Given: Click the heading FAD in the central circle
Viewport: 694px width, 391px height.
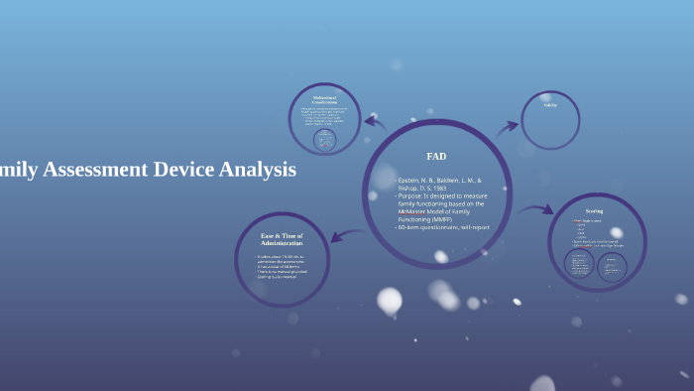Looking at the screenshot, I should point(436,156).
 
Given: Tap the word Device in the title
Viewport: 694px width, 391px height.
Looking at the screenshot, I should point(185,170).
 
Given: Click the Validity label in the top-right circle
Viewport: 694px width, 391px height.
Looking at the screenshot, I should point(550,105).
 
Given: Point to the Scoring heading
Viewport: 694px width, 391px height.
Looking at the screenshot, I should point(594,211).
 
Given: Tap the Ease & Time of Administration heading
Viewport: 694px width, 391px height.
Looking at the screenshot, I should point(282,239).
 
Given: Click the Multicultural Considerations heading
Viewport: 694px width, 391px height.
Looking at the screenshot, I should point(324,100).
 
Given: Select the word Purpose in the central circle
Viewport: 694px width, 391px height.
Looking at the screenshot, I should point(415,195).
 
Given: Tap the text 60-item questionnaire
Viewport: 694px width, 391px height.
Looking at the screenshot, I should point(429,227).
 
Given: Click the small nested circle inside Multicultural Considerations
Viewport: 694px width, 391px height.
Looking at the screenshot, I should point(323,140).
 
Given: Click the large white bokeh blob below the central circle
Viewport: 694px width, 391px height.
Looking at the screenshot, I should point(390,300).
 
